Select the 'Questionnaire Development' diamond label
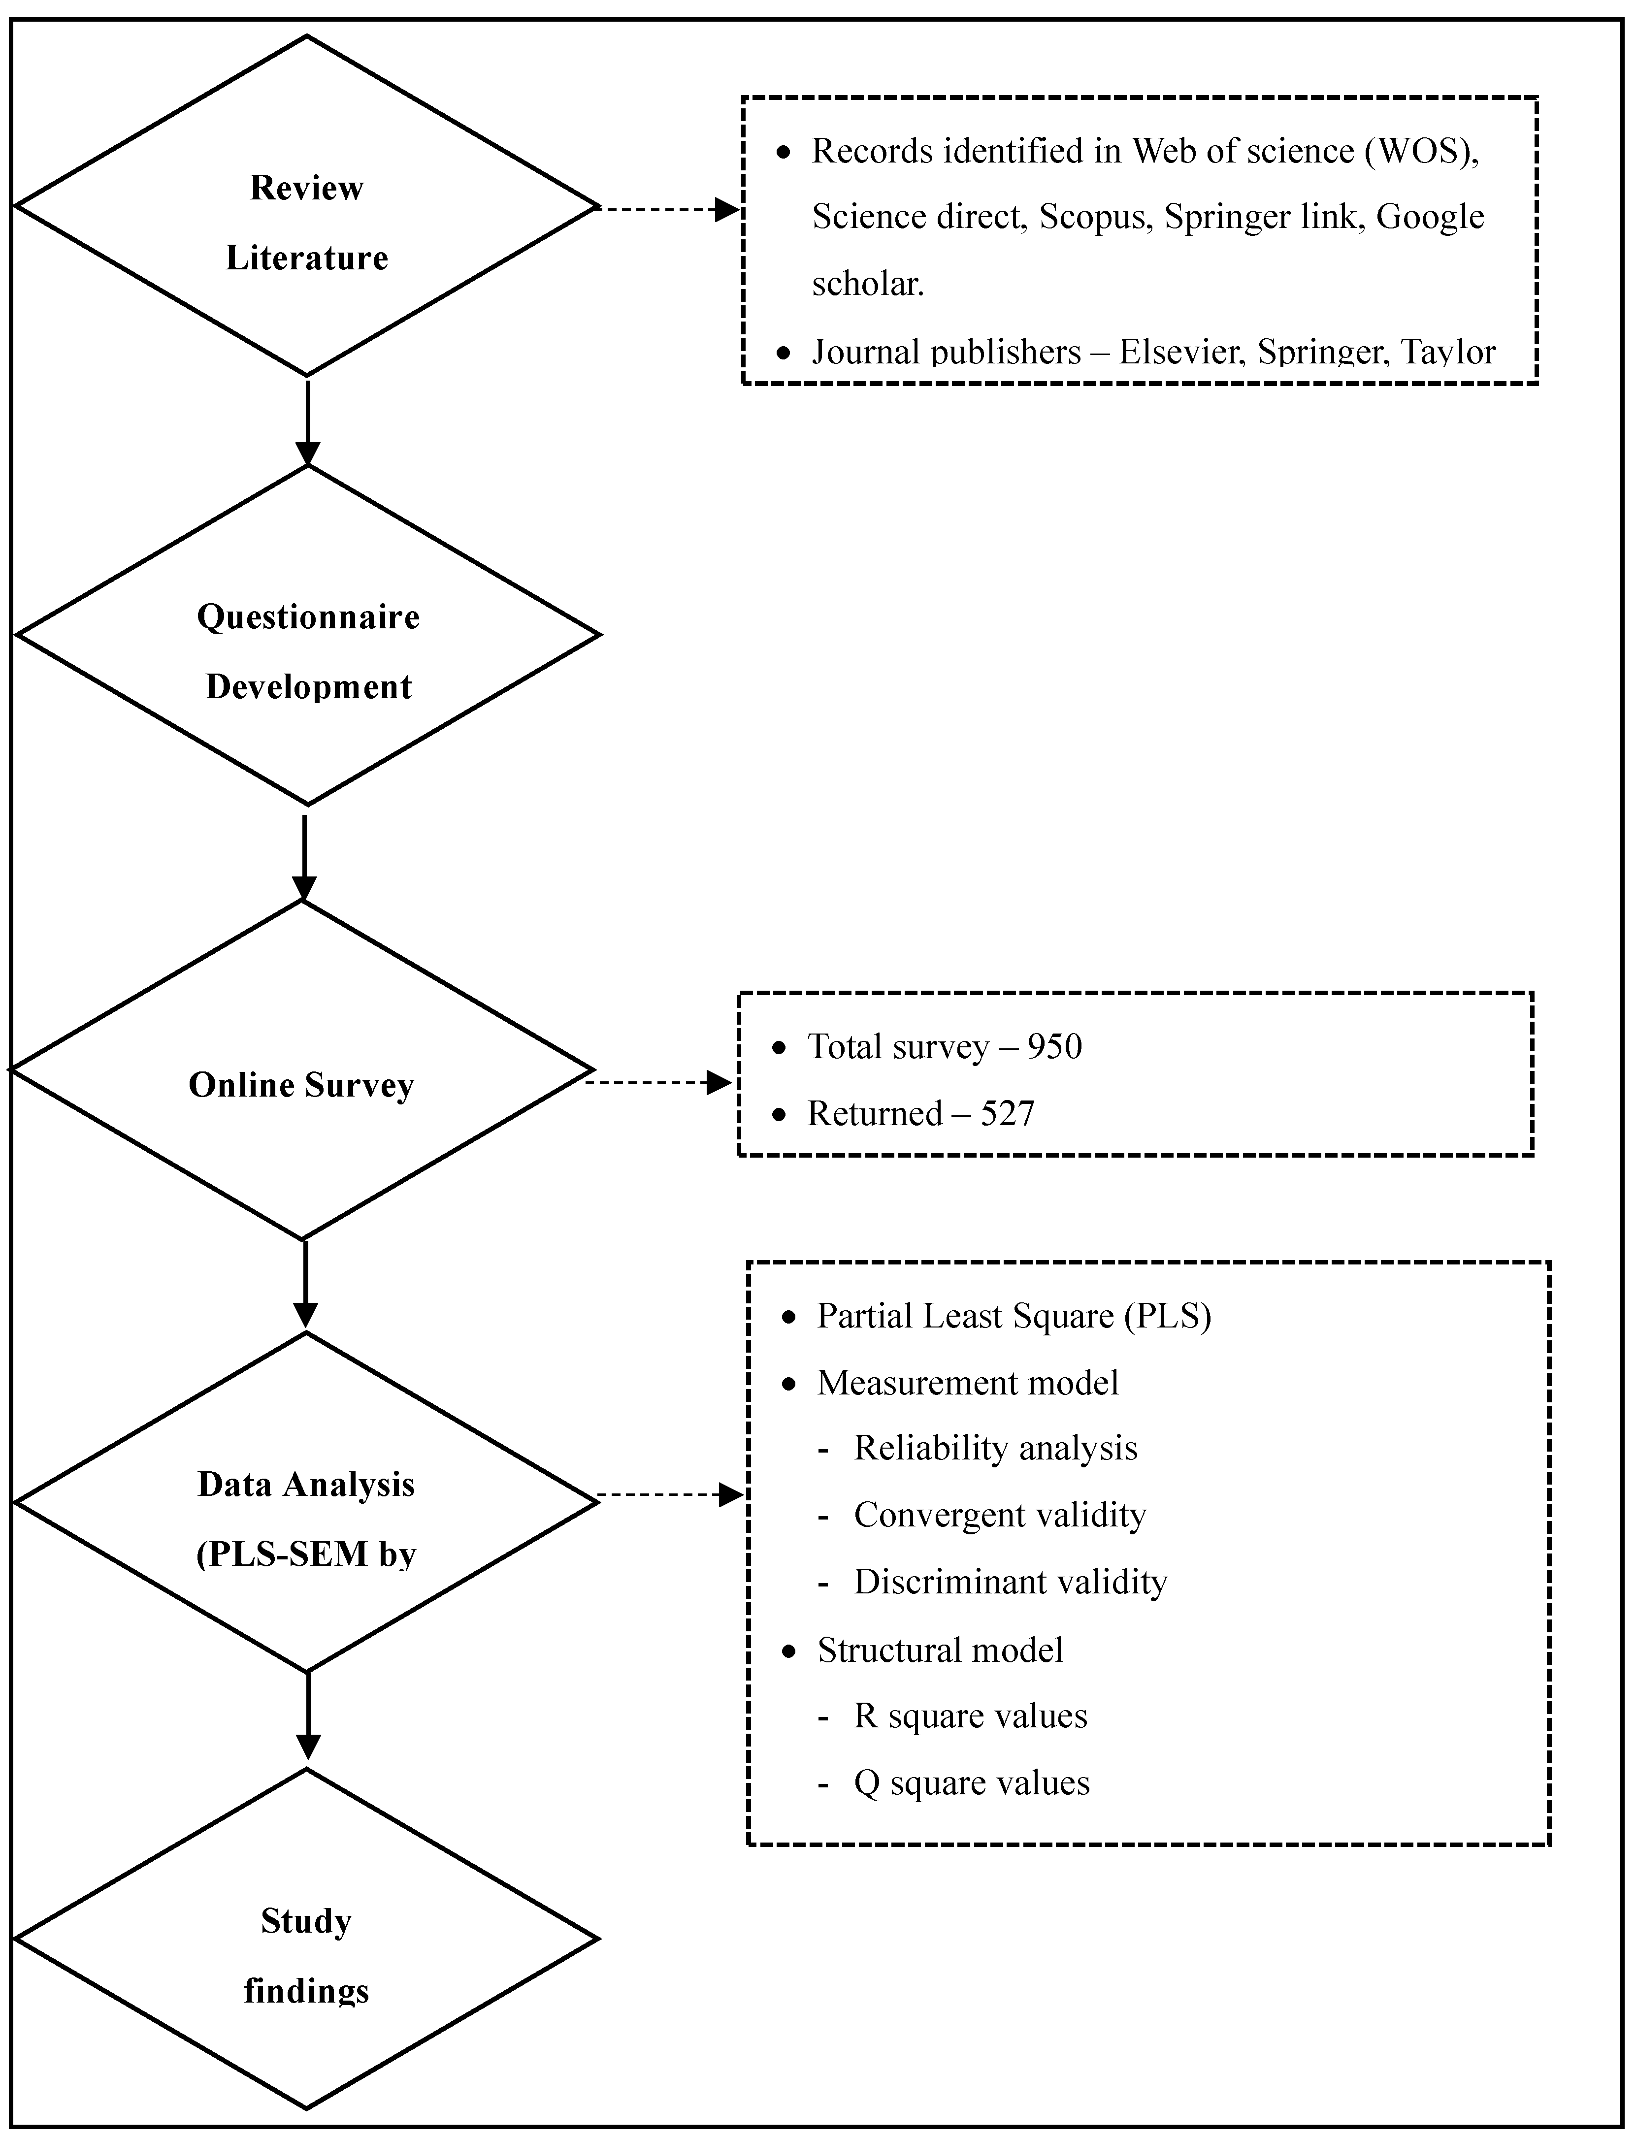click(x=308, y=651)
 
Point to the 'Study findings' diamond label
click(x=306, y=1956)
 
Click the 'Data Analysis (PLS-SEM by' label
click(x=306, y=1519)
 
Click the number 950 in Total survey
click(x=1055, y=1047)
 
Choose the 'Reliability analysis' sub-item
click(x=995, y=1448)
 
